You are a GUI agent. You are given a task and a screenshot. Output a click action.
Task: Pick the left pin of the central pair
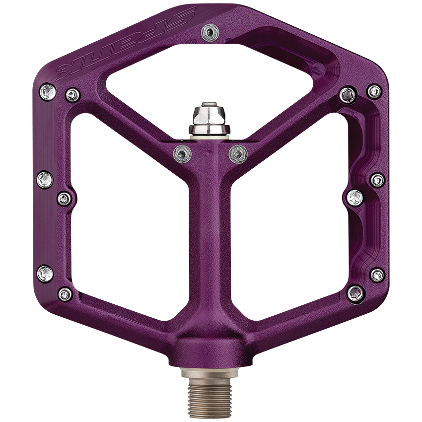tap(182, 154)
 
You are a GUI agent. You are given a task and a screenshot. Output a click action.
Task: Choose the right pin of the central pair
tap(238, 153)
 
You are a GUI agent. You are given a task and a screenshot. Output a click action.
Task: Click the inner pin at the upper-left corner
tap(72, 94)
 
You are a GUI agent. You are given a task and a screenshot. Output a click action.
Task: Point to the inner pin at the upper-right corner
tap(348, 94)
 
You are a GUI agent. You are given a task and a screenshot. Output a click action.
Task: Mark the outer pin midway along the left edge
tap(45, 179)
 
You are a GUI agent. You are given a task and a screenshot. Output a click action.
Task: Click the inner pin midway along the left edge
tap(65, 199)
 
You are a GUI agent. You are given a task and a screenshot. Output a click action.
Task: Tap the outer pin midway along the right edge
tap(377, 180)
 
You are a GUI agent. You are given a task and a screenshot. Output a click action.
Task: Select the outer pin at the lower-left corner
tap(45, 273)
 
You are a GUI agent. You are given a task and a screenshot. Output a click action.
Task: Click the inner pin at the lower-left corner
tap(65, 294)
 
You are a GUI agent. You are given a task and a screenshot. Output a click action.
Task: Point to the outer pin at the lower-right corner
tap(377, 275)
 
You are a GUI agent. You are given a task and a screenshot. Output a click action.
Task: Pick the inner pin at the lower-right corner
tap(355, 293)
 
